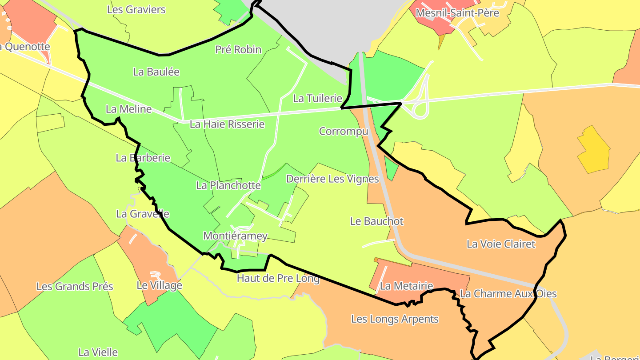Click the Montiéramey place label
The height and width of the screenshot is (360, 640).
pos(235,236)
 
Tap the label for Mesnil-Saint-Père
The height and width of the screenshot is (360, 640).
pos(457,13)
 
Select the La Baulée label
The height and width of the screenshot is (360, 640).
pos(156,72)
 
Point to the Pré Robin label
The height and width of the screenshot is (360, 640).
pos(238,49)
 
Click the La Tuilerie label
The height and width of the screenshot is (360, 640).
pos(317,98)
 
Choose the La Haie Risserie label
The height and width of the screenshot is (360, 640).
pos(227,124)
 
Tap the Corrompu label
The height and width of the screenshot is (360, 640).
pos(344,131)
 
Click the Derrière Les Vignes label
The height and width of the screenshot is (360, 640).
pos(332,179)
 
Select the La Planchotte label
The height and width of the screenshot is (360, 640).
pos(228,185)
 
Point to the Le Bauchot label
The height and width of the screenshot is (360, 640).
pos(377,221)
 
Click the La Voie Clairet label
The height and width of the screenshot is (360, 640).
pos(501,244)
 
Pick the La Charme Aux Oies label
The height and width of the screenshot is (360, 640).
pos(508,293)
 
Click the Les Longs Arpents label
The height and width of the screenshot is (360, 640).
pos(395,319)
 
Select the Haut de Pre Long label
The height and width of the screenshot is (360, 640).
pos(278,278)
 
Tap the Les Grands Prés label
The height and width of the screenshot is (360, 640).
pos(75,286)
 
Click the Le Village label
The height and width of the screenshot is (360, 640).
pos(159,285)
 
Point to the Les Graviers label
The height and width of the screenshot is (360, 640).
pos(136,9)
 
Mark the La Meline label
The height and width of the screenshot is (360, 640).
pos(128,109)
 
